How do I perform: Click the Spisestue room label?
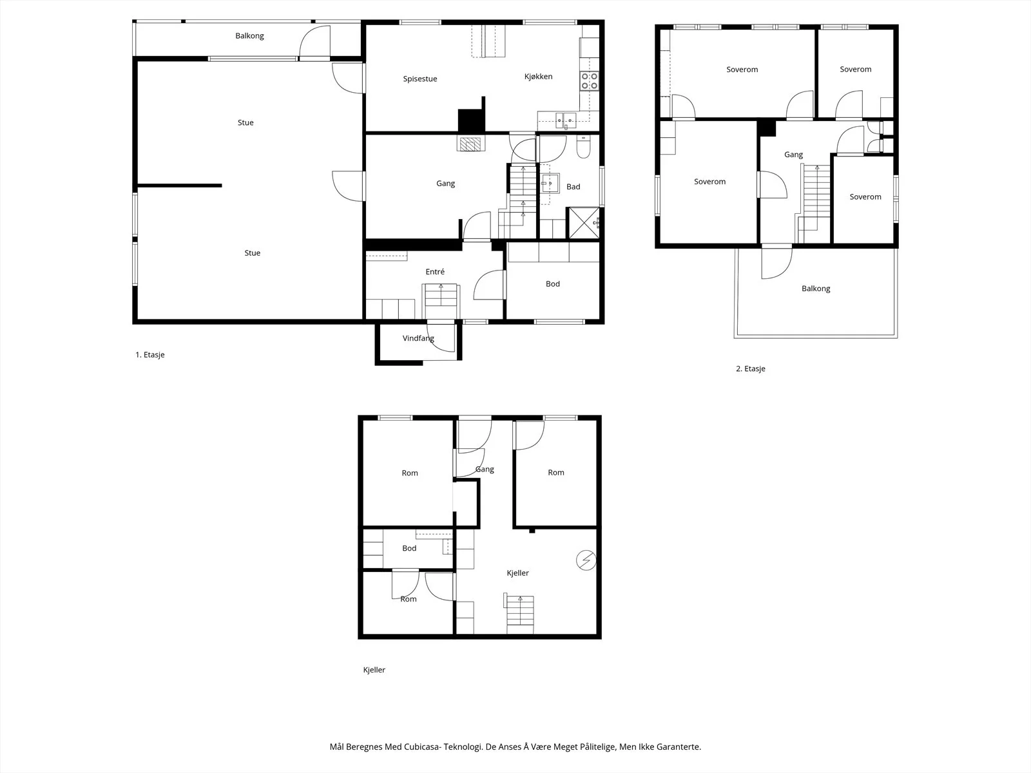(x=420, y=79)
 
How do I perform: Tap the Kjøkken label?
(x=538, y=77)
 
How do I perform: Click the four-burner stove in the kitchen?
(x=589, y=81)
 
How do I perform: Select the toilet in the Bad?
(x=583, y=148)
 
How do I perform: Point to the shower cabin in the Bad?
(x=584, y=223)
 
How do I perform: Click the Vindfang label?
(x=418, y=338)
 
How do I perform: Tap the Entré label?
(x=435, y=272)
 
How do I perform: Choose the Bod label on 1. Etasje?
(x=553, y=284)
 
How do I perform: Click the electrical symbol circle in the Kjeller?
(x=586, y=560)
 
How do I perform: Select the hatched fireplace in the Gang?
(x=470, y=144)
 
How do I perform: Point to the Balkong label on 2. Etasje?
(x=816, y=289)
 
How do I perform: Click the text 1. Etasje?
(x=150, y=355)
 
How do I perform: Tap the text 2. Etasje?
(x=751, y=369)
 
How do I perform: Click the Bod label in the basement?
(x=409, y=548)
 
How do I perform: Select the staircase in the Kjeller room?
(x=520, y=615)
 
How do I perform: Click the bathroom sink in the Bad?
(x=550, y=184)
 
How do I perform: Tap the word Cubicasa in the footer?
(x=422, y=747)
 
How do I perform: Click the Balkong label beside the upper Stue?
(x=249, y=35)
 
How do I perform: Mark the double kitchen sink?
(x=566, y=120)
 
